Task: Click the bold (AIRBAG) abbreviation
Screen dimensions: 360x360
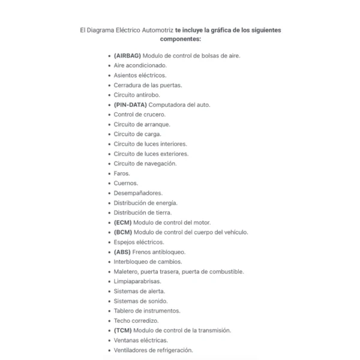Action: (x=127, y=55)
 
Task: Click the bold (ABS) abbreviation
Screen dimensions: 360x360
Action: (x=122, y=252)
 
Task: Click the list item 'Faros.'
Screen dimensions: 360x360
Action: (x=122, y=173)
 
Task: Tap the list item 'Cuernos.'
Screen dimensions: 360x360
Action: (x=126, y=183)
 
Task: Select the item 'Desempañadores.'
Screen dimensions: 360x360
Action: (x=138, y=193)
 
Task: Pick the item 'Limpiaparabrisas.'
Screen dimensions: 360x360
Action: (x=137, y=281)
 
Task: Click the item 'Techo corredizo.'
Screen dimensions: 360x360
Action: (x=136, y=321)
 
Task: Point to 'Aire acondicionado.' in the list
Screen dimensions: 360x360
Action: (x=140, y=65)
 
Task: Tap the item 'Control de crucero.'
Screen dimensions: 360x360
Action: (x=140, y=114)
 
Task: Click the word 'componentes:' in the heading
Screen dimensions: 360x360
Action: (x=180, y=39)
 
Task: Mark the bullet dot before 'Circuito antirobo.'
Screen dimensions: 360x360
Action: (x=109, y=95)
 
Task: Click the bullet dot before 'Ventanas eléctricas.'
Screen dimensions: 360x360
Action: (x=109, y=341)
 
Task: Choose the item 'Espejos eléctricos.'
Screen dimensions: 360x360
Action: (x=139, y=242)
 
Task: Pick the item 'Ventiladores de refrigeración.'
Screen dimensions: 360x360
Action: (x=154, y=350)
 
